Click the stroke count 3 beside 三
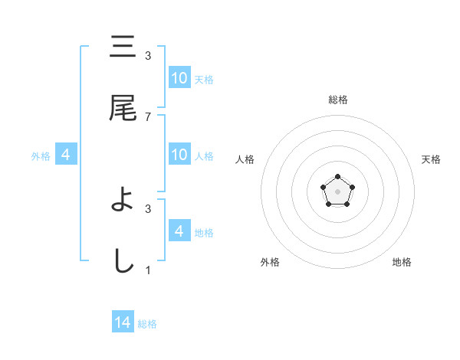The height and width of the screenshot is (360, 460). click(x=148, y=55)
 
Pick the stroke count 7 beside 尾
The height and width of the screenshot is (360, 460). click(x=148, y=117)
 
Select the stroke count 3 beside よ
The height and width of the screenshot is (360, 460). click(x=148, y=208)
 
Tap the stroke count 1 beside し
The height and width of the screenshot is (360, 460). click(x=148, y=270)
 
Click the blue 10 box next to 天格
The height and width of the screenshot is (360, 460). click(x=179, y=78)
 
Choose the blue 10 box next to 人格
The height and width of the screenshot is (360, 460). click(x=179, y=155)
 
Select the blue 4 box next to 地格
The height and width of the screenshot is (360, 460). click(x=179, y=231)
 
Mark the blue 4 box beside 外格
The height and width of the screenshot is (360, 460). click(x=66, y=155)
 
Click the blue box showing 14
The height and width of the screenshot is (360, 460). click(x=123, y=322)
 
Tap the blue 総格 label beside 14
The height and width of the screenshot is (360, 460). click(x=147, y=324)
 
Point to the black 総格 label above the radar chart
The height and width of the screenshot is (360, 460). click(x=337, y=100)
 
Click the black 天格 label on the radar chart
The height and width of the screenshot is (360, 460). click(x=431, y=159)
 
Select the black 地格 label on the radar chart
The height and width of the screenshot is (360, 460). click(x=402, y=262)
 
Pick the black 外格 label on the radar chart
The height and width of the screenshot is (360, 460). click(x=270, y=262)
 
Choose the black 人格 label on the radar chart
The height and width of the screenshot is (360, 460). click(x=245, y=159)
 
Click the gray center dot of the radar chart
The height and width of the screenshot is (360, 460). click(x=337, y=190)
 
